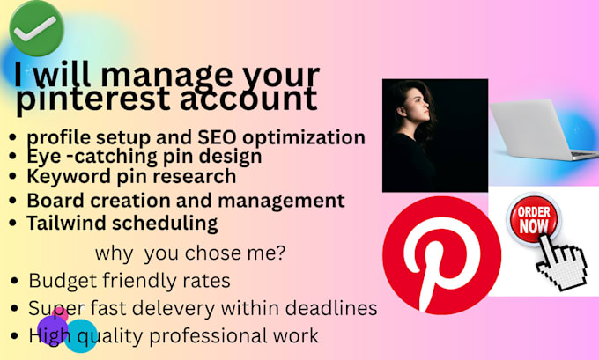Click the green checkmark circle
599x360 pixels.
pos(37,28)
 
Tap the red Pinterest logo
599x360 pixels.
pos(441,255)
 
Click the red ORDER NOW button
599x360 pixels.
pos(534,219)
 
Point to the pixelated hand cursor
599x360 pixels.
pos(562,263)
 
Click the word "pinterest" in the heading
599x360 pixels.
pos(92,99)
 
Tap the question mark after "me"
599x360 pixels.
pos(280,253)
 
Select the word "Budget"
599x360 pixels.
pos(63,281)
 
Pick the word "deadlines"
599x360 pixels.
pos(331,308)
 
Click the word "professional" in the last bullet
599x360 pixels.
pos(208,336)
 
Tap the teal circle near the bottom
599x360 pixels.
pos(81,336)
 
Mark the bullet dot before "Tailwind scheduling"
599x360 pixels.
pos(13,223)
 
